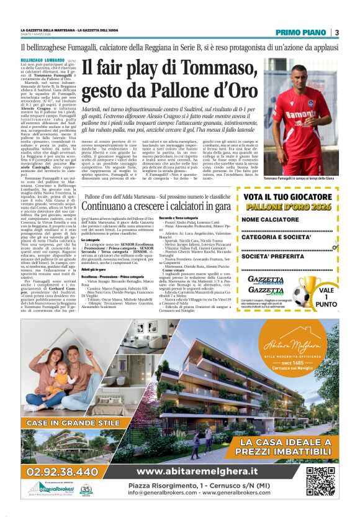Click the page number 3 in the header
coord(336,32)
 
